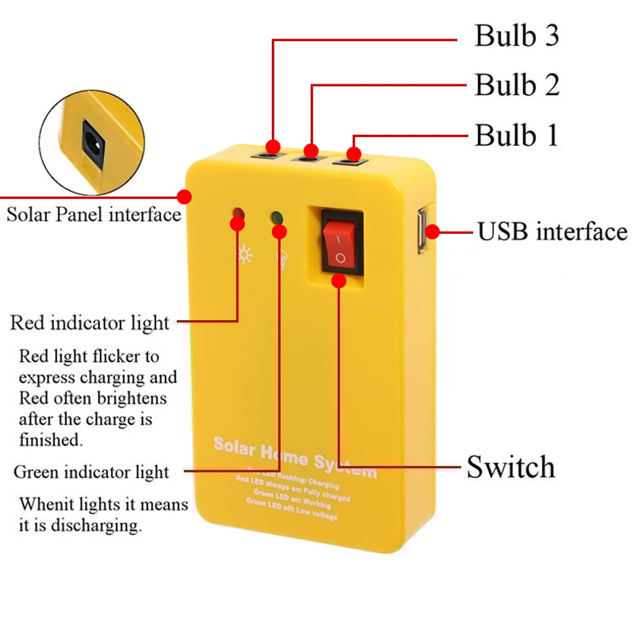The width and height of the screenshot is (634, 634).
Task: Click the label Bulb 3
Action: [517, 36]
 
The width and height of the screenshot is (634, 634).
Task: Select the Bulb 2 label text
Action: [517, 84]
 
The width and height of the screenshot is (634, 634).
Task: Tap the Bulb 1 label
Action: [517, 134]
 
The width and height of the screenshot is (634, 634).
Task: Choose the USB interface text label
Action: [552, 232]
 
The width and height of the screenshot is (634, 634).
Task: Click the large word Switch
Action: [510, 467]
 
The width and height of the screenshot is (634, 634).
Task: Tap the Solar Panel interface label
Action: [94, 214]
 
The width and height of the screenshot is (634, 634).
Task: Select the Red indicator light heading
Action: [90, 323]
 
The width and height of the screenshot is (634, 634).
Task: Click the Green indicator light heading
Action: [91, 472]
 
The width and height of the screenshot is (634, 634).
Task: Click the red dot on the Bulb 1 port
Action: [354, 154]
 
